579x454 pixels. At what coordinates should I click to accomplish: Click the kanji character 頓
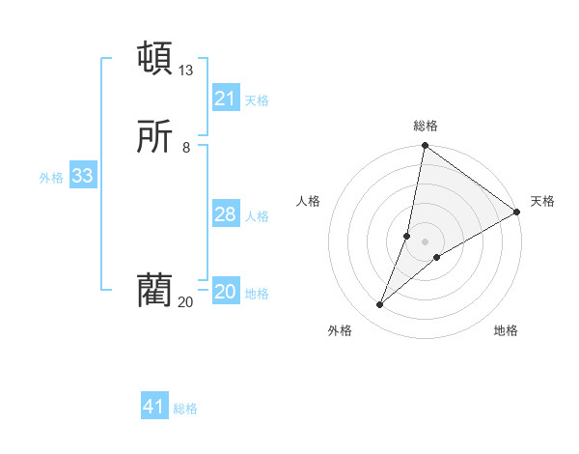(x=155, y=58)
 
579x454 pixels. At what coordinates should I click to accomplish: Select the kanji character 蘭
(x=155, y=290)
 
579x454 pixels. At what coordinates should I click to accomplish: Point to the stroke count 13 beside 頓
(x=186, y=71)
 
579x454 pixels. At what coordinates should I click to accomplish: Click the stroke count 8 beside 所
(x=186, y=148)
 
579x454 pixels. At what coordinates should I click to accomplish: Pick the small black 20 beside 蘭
(x=185, y=302)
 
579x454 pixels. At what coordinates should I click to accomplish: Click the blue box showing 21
(x=226, y=99)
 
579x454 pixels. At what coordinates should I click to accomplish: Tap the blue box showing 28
(x=226, y=214)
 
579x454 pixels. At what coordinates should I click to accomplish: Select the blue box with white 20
(x=226, y=292)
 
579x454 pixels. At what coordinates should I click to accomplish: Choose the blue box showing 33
(x=83, y=176)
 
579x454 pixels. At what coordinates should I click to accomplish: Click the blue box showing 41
(x=154, y=407)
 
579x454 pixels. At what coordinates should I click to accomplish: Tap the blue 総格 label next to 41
(x=185, y=409)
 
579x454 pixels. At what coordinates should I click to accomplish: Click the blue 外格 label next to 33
(x=51, y=178)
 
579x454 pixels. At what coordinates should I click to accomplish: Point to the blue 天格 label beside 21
(x=257, y=100)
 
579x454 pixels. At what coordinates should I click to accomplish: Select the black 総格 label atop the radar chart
(x=426, y=126)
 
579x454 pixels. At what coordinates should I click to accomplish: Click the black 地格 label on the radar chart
(x=506, y=331)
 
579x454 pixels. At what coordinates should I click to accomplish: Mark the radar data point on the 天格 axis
(x=517, y=213)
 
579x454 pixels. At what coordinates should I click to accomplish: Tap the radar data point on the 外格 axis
(x=380, y=305)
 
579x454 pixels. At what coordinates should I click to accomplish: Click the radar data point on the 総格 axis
(x=425, y=147)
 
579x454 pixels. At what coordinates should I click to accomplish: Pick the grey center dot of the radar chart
(x=426, y=241)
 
